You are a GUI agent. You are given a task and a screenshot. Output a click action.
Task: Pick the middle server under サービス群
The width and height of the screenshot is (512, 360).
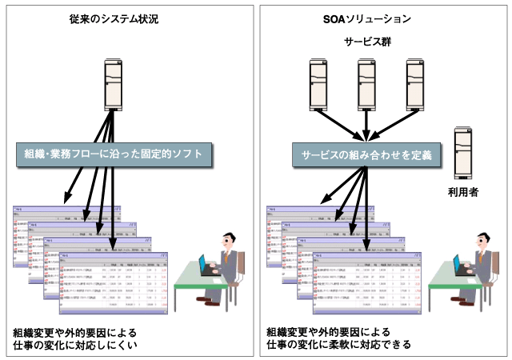pyautogui.click(x=367, y=82)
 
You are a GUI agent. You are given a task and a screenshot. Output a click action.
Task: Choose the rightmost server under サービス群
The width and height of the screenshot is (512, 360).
pyautogui.click(x=414, y=82)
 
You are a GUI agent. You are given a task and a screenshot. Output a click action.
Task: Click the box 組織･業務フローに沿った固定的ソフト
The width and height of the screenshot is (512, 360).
pyautogui.click(x=114, y=154)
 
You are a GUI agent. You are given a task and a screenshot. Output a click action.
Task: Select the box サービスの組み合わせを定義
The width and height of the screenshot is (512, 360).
pyautogui.click(x=366, y=154)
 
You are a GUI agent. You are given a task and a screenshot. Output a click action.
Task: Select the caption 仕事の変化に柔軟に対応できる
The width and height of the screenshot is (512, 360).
pyautogui.click(x=339, y=346)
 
